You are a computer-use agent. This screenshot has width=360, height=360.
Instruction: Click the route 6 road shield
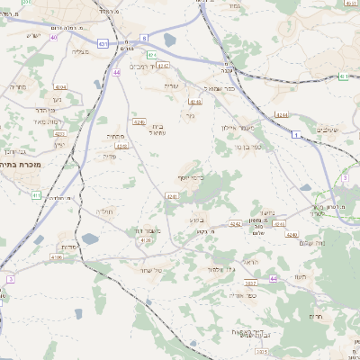tap(145, 39)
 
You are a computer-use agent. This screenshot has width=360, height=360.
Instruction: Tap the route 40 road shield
tap(54, 38)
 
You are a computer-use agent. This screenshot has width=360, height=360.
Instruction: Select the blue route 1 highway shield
tap(293, 133)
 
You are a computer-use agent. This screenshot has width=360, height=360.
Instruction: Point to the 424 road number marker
tap(152, 56)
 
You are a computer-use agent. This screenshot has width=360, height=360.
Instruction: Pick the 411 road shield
tap(36, 194)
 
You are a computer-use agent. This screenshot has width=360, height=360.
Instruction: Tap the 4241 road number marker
tap(170, 195)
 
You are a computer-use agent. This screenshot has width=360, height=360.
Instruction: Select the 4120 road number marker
tap(145, 240)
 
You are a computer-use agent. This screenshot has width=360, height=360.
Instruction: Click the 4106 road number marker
tap(58, 256)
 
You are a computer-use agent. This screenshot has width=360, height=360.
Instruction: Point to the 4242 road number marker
tap(235, 224)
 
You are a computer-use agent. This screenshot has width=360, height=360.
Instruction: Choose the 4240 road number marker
tap(292, 235)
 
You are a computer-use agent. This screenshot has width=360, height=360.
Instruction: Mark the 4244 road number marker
tap(283, 115)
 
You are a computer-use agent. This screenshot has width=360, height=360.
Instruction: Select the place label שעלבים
tap(330, 130)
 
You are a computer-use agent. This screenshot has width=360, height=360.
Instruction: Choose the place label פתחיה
tap(115, 136)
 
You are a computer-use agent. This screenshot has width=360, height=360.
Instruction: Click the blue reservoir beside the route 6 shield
tap(170, 40)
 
